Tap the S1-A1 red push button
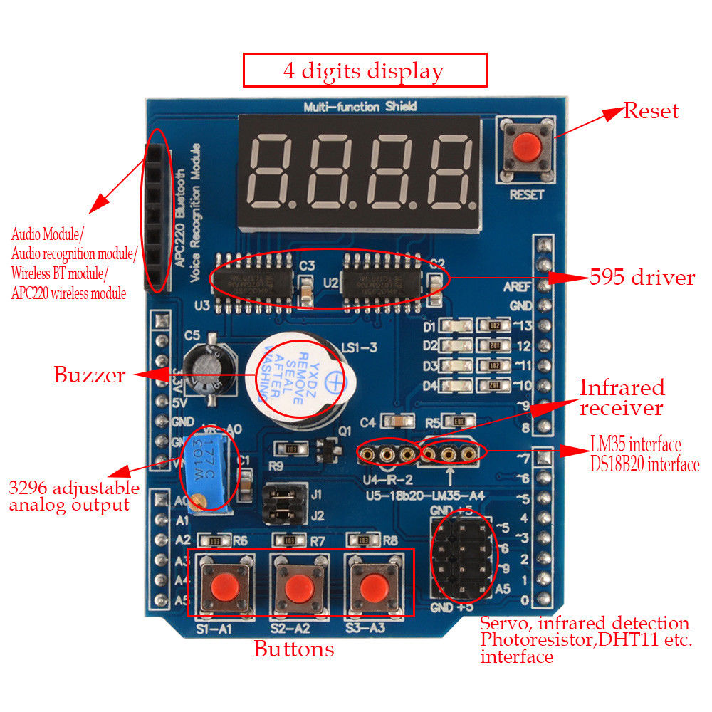tap(224, 587)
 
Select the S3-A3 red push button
tap(370, 587)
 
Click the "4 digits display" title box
tap(365, 70)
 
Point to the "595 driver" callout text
tap(642, 277)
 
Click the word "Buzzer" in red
tap(90, 375)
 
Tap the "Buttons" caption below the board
tap(293, 649)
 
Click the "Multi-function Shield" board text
tap(360, 107)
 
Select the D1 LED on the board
tap(454, 326)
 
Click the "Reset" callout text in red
tap(651, 110)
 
